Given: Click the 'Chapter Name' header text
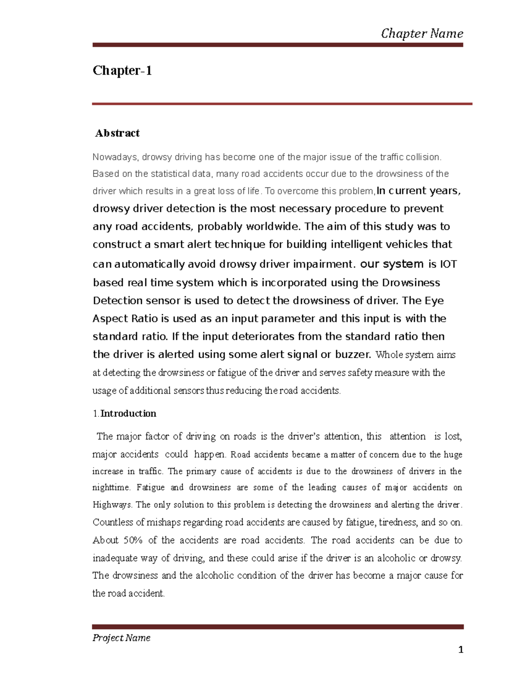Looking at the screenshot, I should coord(422,33).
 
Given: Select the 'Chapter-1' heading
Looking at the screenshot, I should coord(122,70).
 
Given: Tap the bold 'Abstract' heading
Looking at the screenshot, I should coord(117,133).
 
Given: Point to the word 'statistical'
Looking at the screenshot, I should coord(170,174).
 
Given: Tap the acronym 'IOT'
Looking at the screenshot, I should coord(448,264).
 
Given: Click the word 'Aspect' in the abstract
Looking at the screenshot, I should coord(110,318).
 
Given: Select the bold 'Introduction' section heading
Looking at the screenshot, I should coord(128,414).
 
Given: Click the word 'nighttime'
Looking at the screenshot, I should coord(111,488).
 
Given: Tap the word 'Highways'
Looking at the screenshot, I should coord(112,505).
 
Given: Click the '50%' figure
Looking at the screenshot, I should coord(133,540).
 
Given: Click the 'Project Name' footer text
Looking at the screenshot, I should coord(121,638).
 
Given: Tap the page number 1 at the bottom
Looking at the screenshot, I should coord(460,650).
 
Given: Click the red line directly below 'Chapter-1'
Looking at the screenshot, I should coord(282,104).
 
